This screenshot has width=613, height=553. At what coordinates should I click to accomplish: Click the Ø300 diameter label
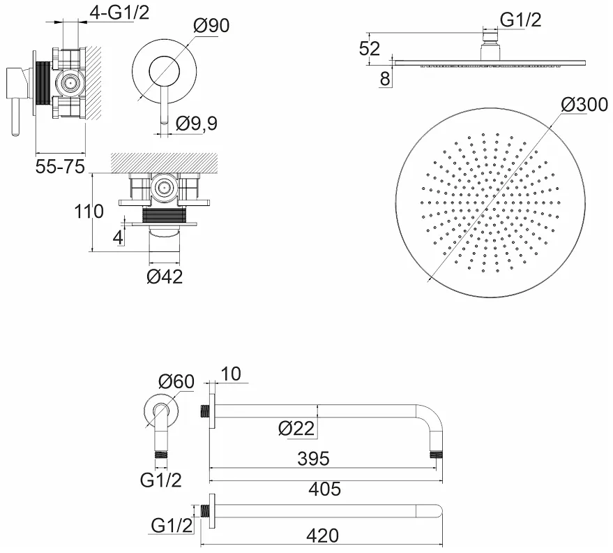(584, 105)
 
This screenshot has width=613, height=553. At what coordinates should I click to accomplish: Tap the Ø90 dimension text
(211, 26)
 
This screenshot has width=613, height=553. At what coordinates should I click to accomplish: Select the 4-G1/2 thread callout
(120, 13)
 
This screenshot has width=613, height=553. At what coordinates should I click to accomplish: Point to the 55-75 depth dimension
(60, 167)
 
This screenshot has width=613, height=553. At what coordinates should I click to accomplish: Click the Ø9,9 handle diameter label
(196, 124)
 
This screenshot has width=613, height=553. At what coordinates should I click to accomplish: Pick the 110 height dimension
(89, 212)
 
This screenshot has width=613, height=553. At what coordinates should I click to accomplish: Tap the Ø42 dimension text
(165, 276)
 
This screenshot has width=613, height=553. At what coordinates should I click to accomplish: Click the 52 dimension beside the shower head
(370, 49)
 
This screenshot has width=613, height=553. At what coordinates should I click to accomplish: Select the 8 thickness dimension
(385, 79)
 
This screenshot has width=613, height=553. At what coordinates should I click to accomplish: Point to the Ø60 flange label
(176, 381)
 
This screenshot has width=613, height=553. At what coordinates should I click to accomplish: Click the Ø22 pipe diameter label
(296, 429)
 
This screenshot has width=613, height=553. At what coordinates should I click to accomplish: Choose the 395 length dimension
(314, 459)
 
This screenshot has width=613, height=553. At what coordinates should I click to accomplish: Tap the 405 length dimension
(324, 489)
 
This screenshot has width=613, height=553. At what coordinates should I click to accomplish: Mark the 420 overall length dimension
(322, 536)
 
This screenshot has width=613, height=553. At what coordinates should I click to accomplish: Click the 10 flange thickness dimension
(231, 374)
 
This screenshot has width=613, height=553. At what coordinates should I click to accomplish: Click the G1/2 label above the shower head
(521, 20)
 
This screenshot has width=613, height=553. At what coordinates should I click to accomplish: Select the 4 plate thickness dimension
(118, 237)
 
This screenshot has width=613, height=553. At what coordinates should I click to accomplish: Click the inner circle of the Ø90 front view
(164, 71)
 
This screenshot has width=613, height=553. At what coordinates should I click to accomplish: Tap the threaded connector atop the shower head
(490, 38)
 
